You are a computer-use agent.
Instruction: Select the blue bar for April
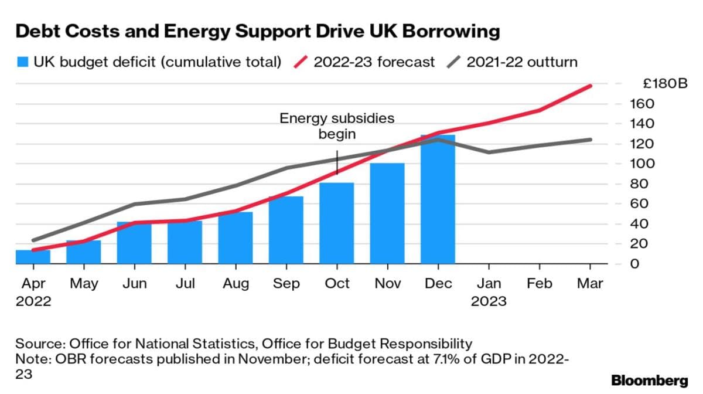pos(32,257)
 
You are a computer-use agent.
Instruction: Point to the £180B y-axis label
pos(664,84)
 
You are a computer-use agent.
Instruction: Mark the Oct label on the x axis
pos(337,284)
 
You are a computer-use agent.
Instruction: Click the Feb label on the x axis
pos(540,284)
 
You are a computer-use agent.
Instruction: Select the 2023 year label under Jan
pos(489,301)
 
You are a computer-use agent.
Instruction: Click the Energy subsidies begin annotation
pos(337,126)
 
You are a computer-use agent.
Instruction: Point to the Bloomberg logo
pos(649,381)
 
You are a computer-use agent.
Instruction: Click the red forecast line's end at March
pos(590,86)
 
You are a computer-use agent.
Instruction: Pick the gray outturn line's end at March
pos(590,140)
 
